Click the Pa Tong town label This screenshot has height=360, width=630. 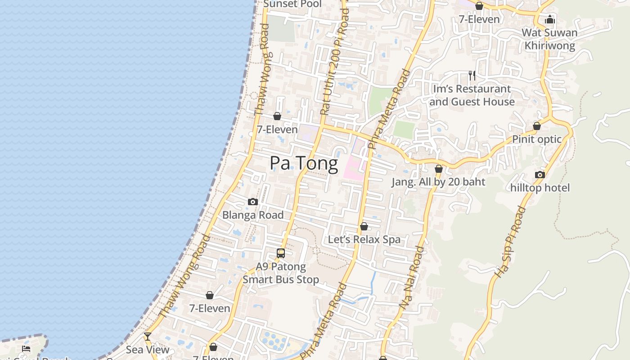(x=304, y=163)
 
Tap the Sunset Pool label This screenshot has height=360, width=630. (x=292, y=4)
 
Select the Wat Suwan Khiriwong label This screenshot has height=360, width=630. (x=549, y=39)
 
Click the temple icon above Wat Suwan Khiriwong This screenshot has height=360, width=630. (x=549, y=19)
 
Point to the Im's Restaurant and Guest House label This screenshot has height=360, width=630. (x=472, y=95)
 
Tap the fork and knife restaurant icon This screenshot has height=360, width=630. (x=472, y=75)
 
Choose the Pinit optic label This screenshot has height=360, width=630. (x=537, y=139)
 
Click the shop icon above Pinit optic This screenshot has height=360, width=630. (x=537, y=126)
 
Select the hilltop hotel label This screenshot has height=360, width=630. (x=540, y=188)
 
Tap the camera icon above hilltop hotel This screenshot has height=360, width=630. (x=540, y=175)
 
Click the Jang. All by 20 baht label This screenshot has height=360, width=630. (x=438, y=182)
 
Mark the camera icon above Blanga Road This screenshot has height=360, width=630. (x=253, y=202)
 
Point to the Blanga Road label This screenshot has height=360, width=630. (x=253, y=215)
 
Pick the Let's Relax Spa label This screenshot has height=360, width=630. (x=364, y=239)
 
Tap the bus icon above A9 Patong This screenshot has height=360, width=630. (x=281, y=253)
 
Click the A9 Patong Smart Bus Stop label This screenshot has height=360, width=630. (x=281, y=273)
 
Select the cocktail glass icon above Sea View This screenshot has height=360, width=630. (x=147, y=337)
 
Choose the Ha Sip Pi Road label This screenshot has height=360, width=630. (x=510, y=242)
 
